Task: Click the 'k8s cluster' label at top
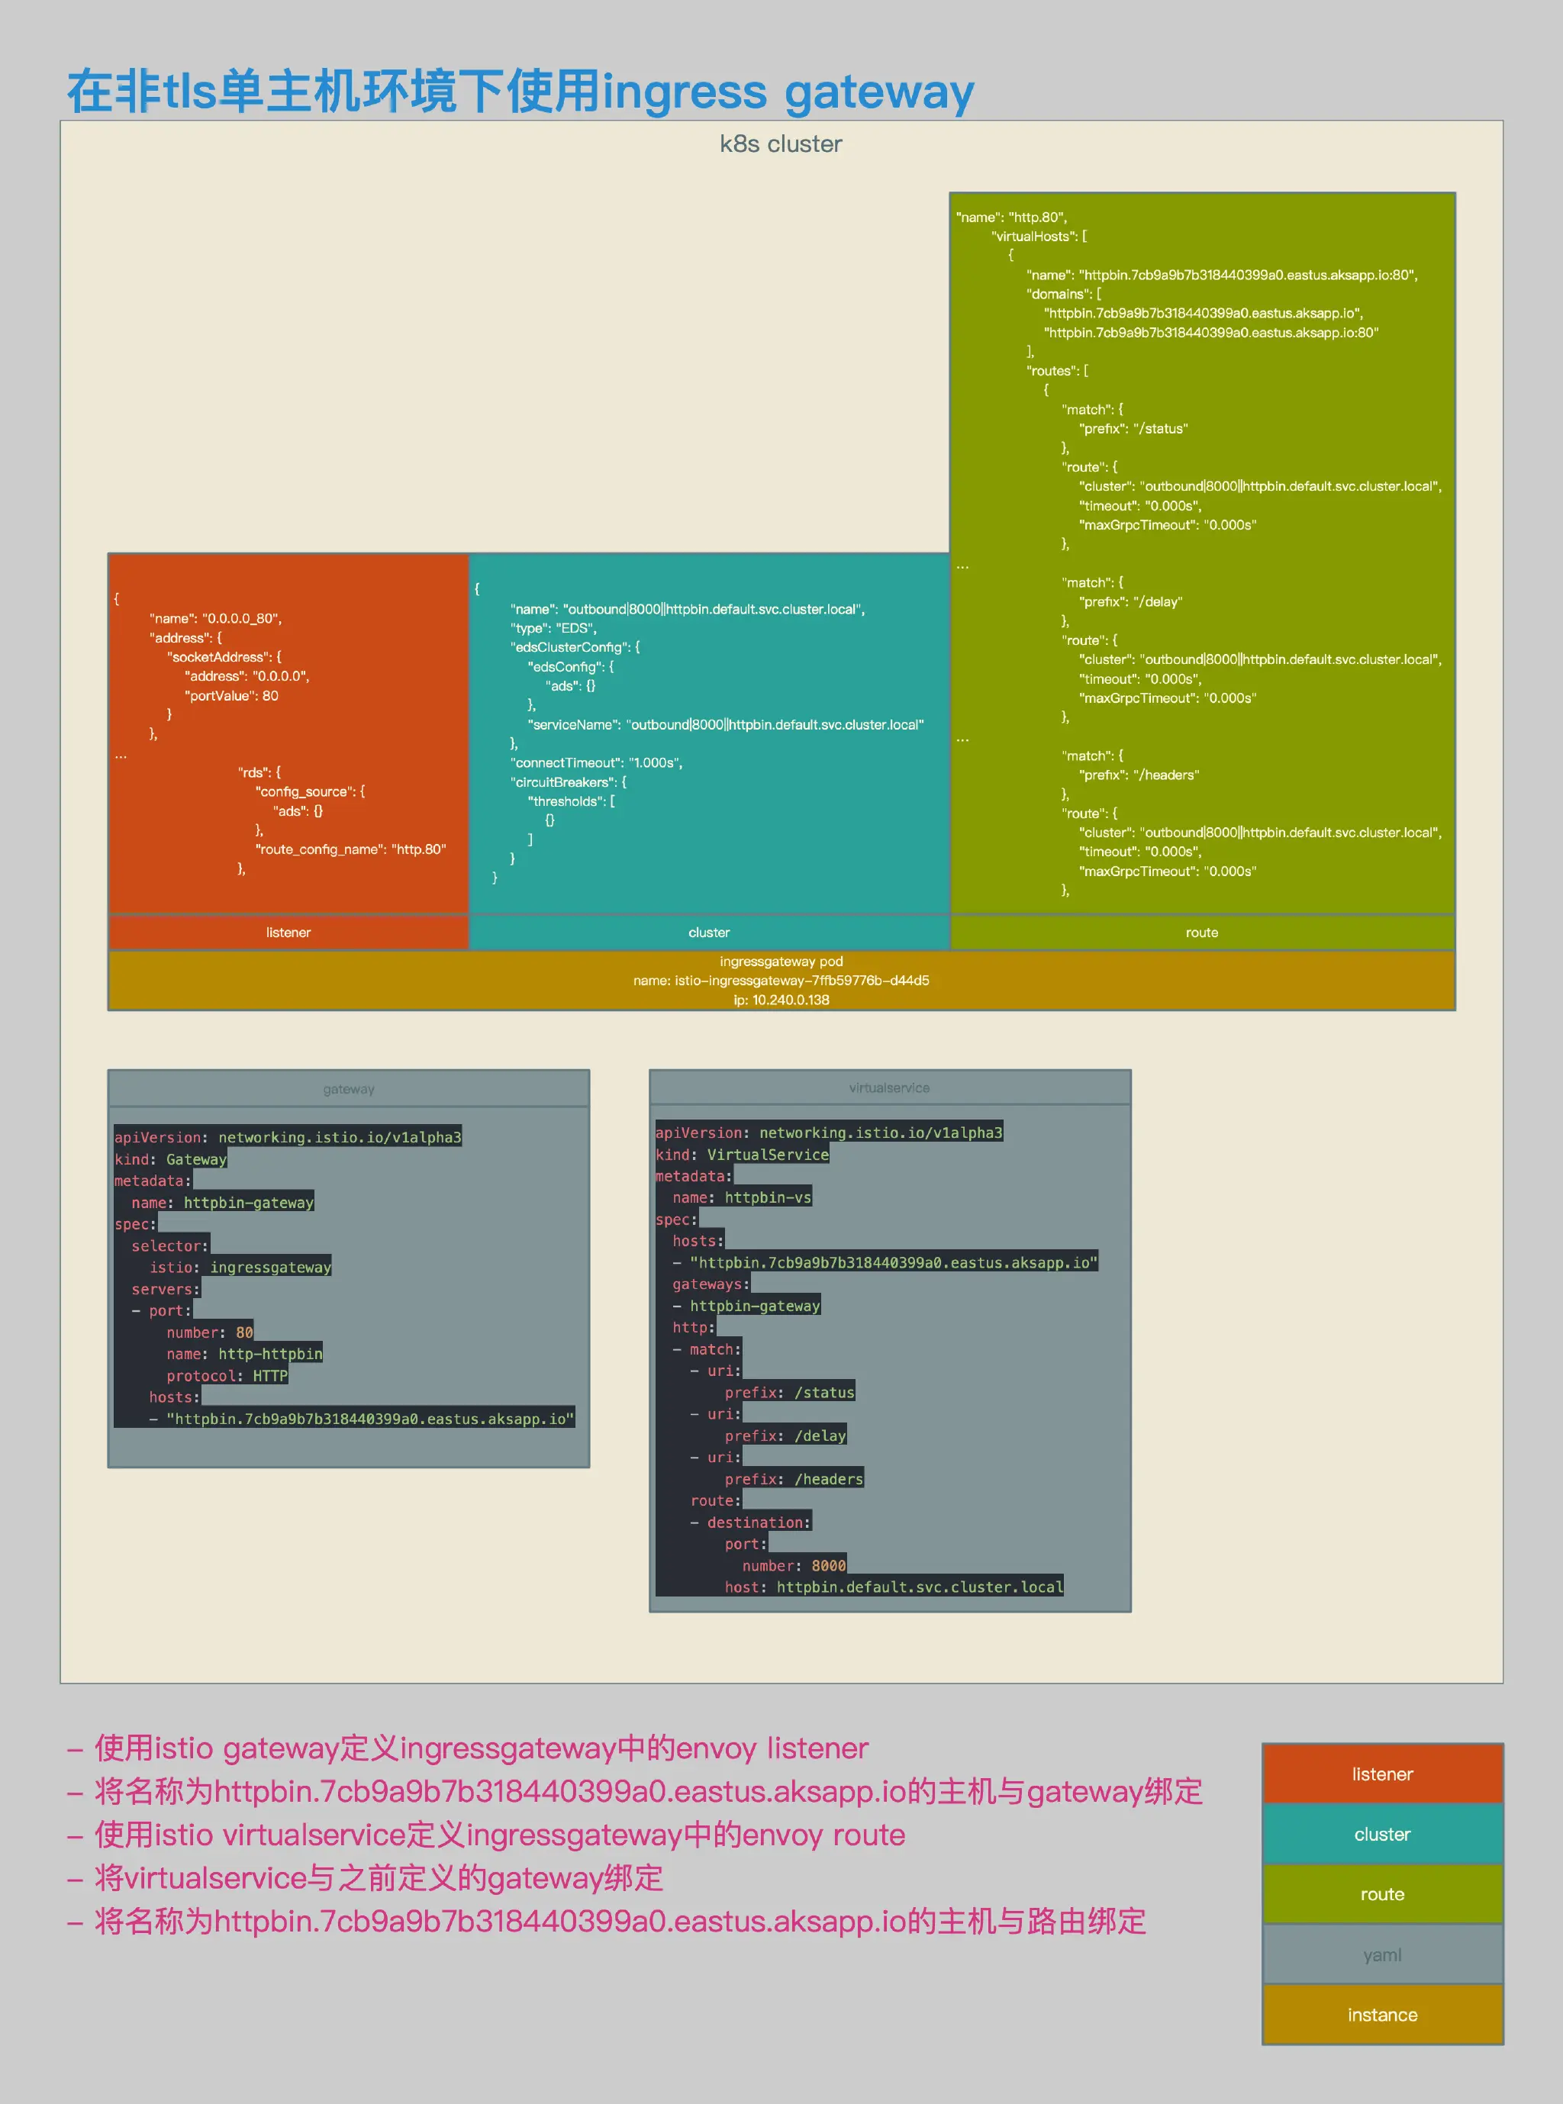(781, 143)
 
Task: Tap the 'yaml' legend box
(1381, 1954)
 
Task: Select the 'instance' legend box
(1381, 2015)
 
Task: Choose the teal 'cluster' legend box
(1381, 1835)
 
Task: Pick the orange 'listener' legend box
(1381, 1774)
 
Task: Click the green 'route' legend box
(1381, 1894)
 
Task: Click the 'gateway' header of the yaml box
(348, 1089)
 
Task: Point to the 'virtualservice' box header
(888, 1088)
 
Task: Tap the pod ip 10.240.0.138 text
(781, 1000)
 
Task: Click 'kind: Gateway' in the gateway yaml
(170, 1159)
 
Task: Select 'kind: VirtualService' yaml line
(742, 1154)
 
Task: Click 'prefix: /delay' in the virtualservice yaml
(785, 1435)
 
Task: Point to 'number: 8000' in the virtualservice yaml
(794, 1566)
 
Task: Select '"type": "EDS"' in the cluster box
(553, 628)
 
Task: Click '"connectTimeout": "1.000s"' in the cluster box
(596, 762)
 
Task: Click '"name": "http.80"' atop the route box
(1010, 217)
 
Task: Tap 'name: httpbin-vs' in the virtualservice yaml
(742, 1197)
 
